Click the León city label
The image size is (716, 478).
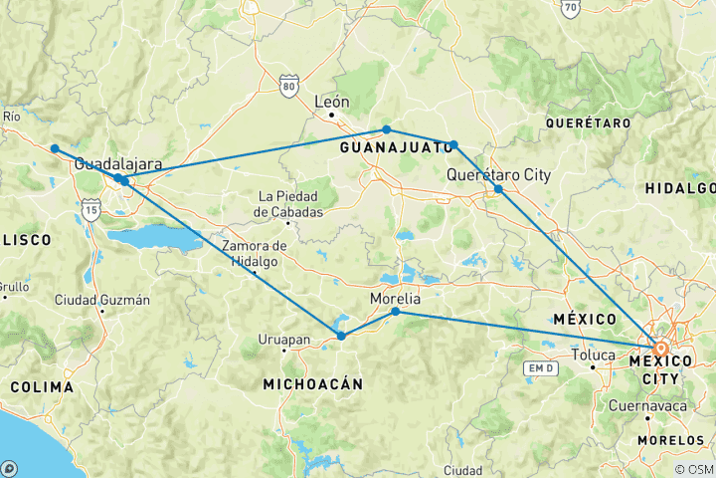(332, 101)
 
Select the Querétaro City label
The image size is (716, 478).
(498, 174)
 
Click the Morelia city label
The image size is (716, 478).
(395, 298)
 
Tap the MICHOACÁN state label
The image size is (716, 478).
(312, 383)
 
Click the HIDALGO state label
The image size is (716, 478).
(681, 188)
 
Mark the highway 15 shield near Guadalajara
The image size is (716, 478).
(91, 209)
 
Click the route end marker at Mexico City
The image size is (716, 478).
(660, 349)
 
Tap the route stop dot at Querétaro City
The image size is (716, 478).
(498, 189)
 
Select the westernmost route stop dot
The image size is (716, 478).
(55, 148)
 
